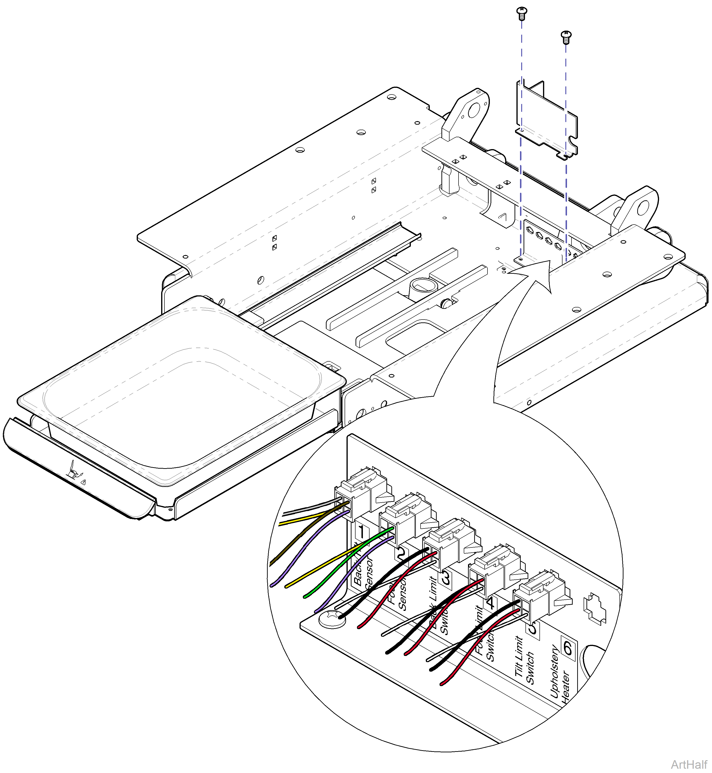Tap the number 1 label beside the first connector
(361, 532)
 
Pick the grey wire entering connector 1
(308, 509)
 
